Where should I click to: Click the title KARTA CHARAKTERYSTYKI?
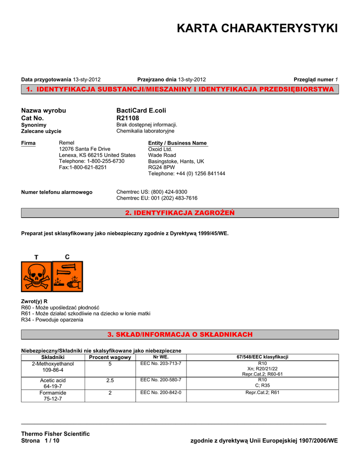(257, 29)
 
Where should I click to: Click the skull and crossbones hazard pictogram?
(36, 276)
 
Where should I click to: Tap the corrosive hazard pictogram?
(67, 276)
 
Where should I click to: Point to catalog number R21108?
(128, 118)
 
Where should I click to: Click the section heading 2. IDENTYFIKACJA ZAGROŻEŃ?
(180, 213)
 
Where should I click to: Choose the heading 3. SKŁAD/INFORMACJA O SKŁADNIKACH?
(180, 334)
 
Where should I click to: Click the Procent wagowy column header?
(110, 357)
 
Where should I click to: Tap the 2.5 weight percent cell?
(110, 380)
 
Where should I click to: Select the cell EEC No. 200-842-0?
(161, 392)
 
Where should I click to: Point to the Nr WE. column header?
(161, 357)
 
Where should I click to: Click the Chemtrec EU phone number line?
(157, 198)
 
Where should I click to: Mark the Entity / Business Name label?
(177, 143)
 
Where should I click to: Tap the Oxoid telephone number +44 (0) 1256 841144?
(187, 173)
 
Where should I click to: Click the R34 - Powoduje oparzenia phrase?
(52, 319)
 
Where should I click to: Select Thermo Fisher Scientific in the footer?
(56, 434)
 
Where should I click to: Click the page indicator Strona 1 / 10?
(40, 441)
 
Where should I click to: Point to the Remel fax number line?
(83, 167)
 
